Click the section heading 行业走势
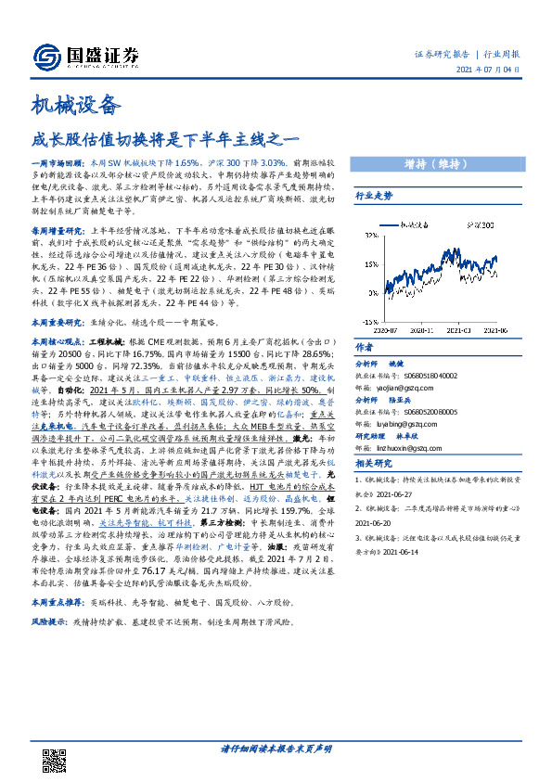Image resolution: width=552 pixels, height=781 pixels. click(x=375, y=197)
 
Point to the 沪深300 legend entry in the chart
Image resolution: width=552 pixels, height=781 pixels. click(x=481, y=224)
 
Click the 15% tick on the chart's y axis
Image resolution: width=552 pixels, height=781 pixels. click(x=367, y=264)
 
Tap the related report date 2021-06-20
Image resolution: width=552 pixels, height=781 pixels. click(x=375, y=521)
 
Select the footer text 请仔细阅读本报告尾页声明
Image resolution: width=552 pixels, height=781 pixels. click(x=276, y=749)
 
